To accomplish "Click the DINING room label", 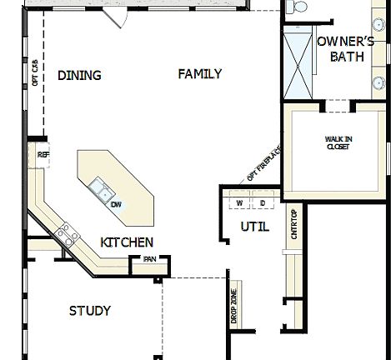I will coord(79,76).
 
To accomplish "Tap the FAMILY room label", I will coord(200,74).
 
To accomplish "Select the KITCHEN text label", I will coord(127,242).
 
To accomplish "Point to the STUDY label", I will coord(89,311).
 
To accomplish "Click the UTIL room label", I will coord(254,226).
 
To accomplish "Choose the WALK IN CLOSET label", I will coord(337,143).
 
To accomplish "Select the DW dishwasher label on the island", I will coord(117,205).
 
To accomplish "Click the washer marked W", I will coord(239,203).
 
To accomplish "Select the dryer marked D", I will coord(262,203).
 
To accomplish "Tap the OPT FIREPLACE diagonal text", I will coord(264,163).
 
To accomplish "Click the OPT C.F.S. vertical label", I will coord(35,74).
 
